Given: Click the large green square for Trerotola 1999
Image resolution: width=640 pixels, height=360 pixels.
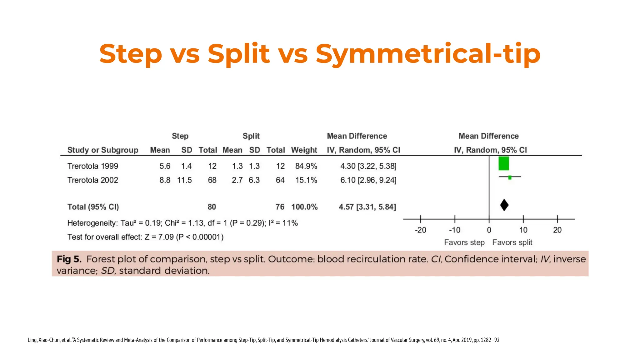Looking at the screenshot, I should tap(503, 163).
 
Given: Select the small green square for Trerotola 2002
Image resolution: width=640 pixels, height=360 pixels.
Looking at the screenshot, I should tap(510, 177).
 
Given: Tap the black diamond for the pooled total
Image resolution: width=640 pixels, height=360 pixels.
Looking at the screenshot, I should tap(504, 205).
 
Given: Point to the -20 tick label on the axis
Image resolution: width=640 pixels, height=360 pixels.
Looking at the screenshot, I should tap(420, 230).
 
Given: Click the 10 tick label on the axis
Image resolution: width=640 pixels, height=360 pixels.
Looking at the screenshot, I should tap(523, 230).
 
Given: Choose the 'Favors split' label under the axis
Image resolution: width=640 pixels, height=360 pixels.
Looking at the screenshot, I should tap(512, 242).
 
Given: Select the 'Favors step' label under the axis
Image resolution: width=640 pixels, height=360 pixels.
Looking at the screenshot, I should tap(464, 242).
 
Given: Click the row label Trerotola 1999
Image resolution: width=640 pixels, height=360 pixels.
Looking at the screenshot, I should tap(93, 166).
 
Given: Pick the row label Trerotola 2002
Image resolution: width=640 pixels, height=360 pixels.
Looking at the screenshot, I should tap(93, 180).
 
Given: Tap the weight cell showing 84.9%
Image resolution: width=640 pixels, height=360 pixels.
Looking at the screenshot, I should tap(306, 166).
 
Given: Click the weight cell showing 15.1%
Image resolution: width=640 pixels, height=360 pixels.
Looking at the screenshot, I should tap(306, 180).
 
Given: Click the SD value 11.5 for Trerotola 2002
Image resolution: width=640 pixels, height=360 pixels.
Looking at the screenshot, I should tap(184, 180).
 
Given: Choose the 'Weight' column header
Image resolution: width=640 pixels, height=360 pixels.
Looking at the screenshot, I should tap(304, 150).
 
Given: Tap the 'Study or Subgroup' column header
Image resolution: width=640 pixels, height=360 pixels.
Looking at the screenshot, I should tap(103, 150).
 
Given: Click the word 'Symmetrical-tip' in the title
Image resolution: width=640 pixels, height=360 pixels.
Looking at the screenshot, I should tap(428, 54).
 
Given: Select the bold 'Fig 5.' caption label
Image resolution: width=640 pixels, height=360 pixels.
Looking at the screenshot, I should tap(69, 259).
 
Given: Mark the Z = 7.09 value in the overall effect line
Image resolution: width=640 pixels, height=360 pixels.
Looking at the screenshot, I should tap(159, 237).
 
